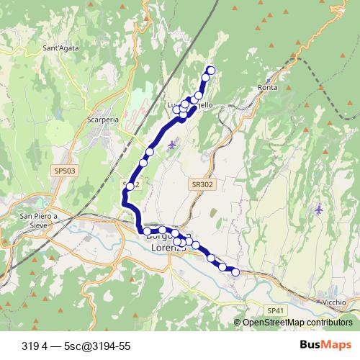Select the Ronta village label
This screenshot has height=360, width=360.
(267, 88)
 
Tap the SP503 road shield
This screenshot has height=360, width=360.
(63, 171)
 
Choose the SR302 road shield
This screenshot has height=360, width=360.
(203, 184)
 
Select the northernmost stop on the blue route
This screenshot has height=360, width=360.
(211, 70)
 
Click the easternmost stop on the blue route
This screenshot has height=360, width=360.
(235, 271)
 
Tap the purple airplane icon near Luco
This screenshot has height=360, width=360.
(171, 146)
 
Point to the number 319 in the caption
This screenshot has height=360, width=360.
(31, 346)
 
